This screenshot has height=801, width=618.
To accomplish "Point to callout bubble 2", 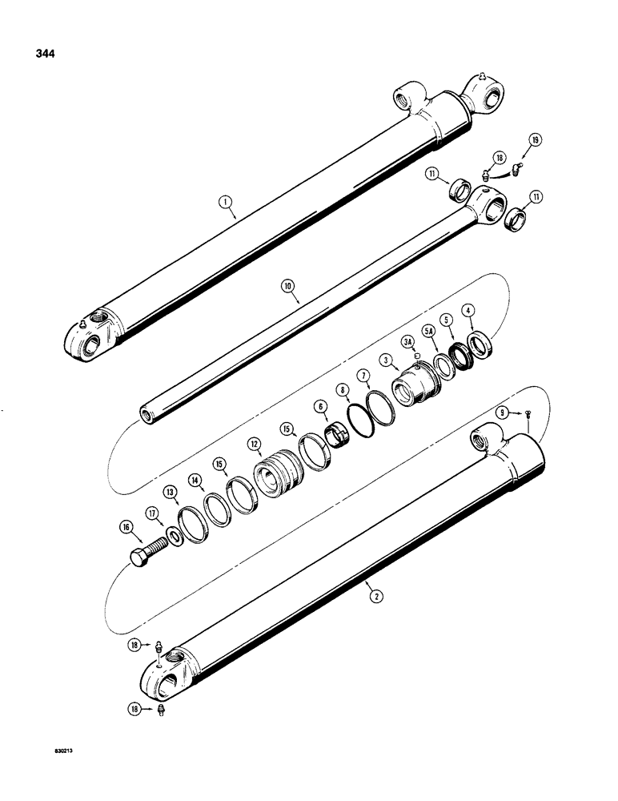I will click(371, 592).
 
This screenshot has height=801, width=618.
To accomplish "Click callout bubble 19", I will click(536, 140).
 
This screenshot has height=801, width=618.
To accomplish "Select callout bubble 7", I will click(363, 375).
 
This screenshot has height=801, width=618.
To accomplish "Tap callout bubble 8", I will click(344, 390).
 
